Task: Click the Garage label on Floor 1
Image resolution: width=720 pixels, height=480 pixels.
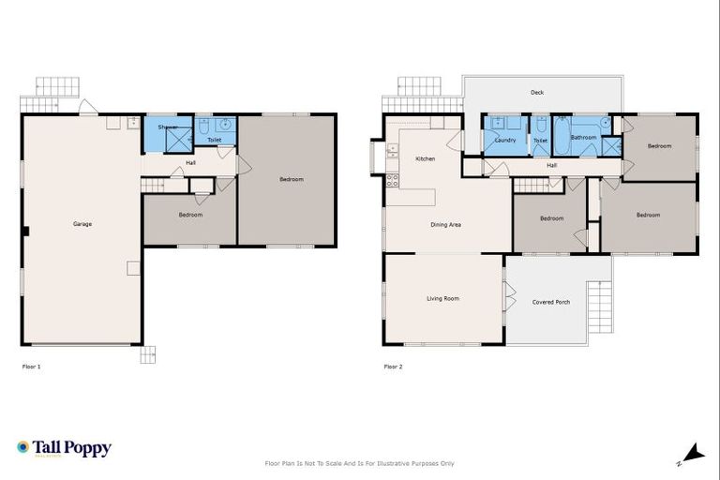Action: [x=82, y=224]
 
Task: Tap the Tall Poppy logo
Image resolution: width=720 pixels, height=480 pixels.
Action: [x=64, y=448]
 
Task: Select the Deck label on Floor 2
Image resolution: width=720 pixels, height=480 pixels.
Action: [x=536, y=93]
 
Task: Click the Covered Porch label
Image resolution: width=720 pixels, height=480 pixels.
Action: [x=550, y=302]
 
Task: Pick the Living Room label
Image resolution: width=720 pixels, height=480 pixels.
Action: [x=442, y=299]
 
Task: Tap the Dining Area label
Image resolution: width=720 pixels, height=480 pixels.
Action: [x=445, y=225]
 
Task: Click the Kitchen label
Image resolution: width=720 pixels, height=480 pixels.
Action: [x=425, y=159]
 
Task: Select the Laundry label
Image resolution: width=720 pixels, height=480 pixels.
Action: [x=505, y=141]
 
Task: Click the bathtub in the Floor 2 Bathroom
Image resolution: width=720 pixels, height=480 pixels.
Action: [x=561, y=137]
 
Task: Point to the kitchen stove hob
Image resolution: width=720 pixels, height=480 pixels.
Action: [x=392, y=180]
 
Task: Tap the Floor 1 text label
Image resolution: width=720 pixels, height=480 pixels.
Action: [x=31, y=367]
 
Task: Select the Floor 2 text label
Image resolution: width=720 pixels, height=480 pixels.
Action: [x=393, y=367]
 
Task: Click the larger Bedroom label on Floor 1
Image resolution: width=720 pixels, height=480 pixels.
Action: [x=291, y=179]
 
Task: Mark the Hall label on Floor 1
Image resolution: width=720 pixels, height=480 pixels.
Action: [x=190, y=163]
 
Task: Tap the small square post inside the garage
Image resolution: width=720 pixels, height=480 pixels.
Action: [x=133, y=268]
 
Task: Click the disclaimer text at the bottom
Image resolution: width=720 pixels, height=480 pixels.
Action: [x=360, y=463]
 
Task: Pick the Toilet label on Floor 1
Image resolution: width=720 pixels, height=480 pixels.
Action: [x=214, y=140]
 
